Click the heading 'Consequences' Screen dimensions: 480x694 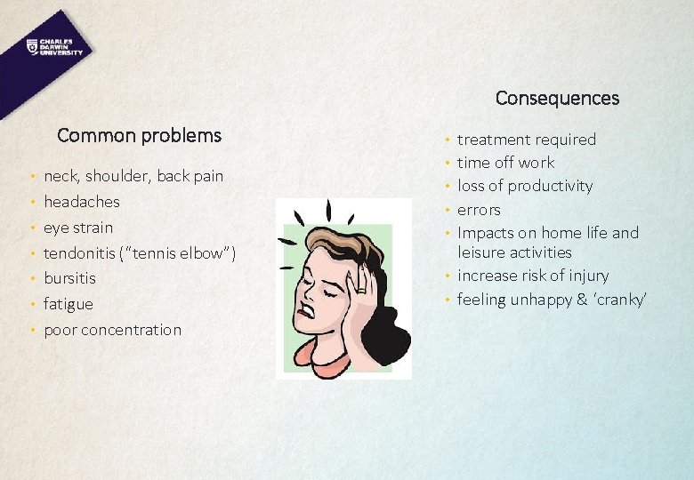(557, 98)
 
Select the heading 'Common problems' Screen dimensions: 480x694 (139, 135)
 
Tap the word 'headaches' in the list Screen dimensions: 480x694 (82, 202)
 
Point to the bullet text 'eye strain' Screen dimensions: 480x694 (78, 228)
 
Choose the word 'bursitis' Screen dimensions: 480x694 (69, 278)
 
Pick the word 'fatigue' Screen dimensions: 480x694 (69, 304)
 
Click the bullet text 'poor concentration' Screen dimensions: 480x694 (112, 330)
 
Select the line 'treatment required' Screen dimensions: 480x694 (527, 140)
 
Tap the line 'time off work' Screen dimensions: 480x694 (505, 163)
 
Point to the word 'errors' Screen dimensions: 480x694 (479, 211)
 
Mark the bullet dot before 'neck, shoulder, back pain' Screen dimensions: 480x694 (32, 177)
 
